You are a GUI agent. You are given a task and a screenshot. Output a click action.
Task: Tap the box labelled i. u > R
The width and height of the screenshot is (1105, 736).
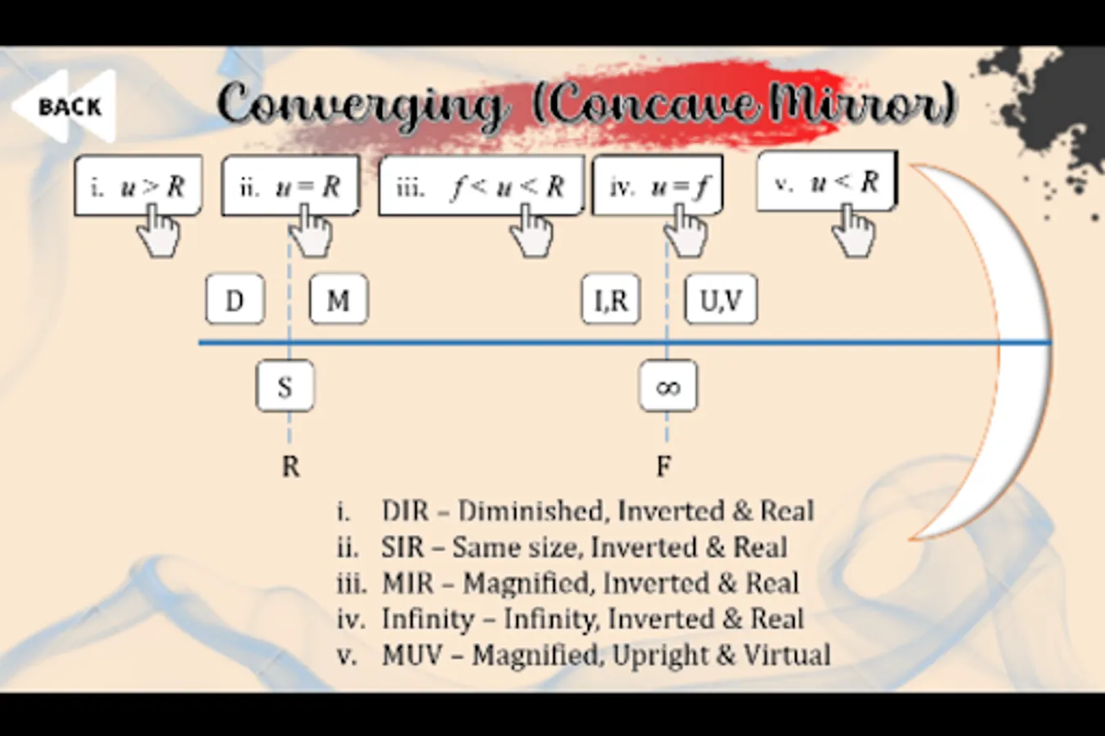click(x=137, y=186)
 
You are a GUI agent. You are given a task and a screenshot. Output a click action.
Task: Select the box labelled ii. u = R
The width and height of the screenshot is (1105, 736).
click(x=290, y=186)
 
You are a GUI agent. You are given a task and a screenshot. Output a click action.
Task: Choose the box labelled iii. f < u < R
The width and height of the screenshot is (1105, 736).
click(x=481, y=186)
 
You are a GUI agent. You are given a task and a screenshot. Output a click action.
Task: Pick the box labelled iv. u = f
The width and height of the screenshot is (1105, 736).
click(x=657, y=186)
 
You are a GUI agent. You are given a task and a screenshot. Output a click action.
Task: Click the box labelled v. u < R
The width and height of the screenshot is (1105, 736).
click(x=826, y=182)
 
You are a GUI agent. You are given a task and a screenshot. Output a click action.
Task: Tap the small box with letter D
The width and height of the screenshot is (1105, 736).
click(x=235, y=300)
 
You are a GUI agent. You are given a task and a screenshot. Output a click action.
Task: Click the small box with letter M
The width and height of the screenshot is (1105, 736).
click(x=339, y=300)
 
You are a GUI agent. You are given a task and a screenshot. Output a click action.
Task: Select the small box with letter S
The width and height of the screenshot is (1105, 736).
click(x=285, y=386)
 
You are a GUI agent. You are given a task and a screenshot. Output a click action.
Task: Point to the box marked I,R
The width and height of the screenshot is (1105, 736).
click(x=611, y=300)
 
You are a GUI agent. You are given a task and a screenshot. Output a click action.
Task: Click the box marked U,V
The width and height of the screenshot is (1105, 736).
click(x=721, y=300)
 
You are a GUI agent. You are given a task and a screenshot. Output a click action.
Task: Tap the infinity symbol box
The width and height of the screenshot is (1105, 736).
click(x=668, y=386)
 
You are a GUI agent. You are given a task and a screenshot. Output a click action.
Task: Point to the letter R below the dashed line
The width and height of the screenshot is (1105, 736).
click(x=290, y=466)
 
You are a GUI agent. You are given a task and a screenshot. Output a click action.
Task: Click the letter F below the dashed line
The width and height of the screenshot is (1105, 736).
click(x=663, y=466)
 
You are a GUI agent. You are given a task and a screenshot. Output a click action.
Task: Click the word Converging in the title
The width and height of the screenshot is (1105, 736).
click(x=360, y=105)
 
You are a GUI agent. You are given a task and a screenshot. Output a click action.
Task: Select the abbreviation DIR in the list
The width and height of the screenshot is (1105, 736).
click(x=405, y=511)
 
